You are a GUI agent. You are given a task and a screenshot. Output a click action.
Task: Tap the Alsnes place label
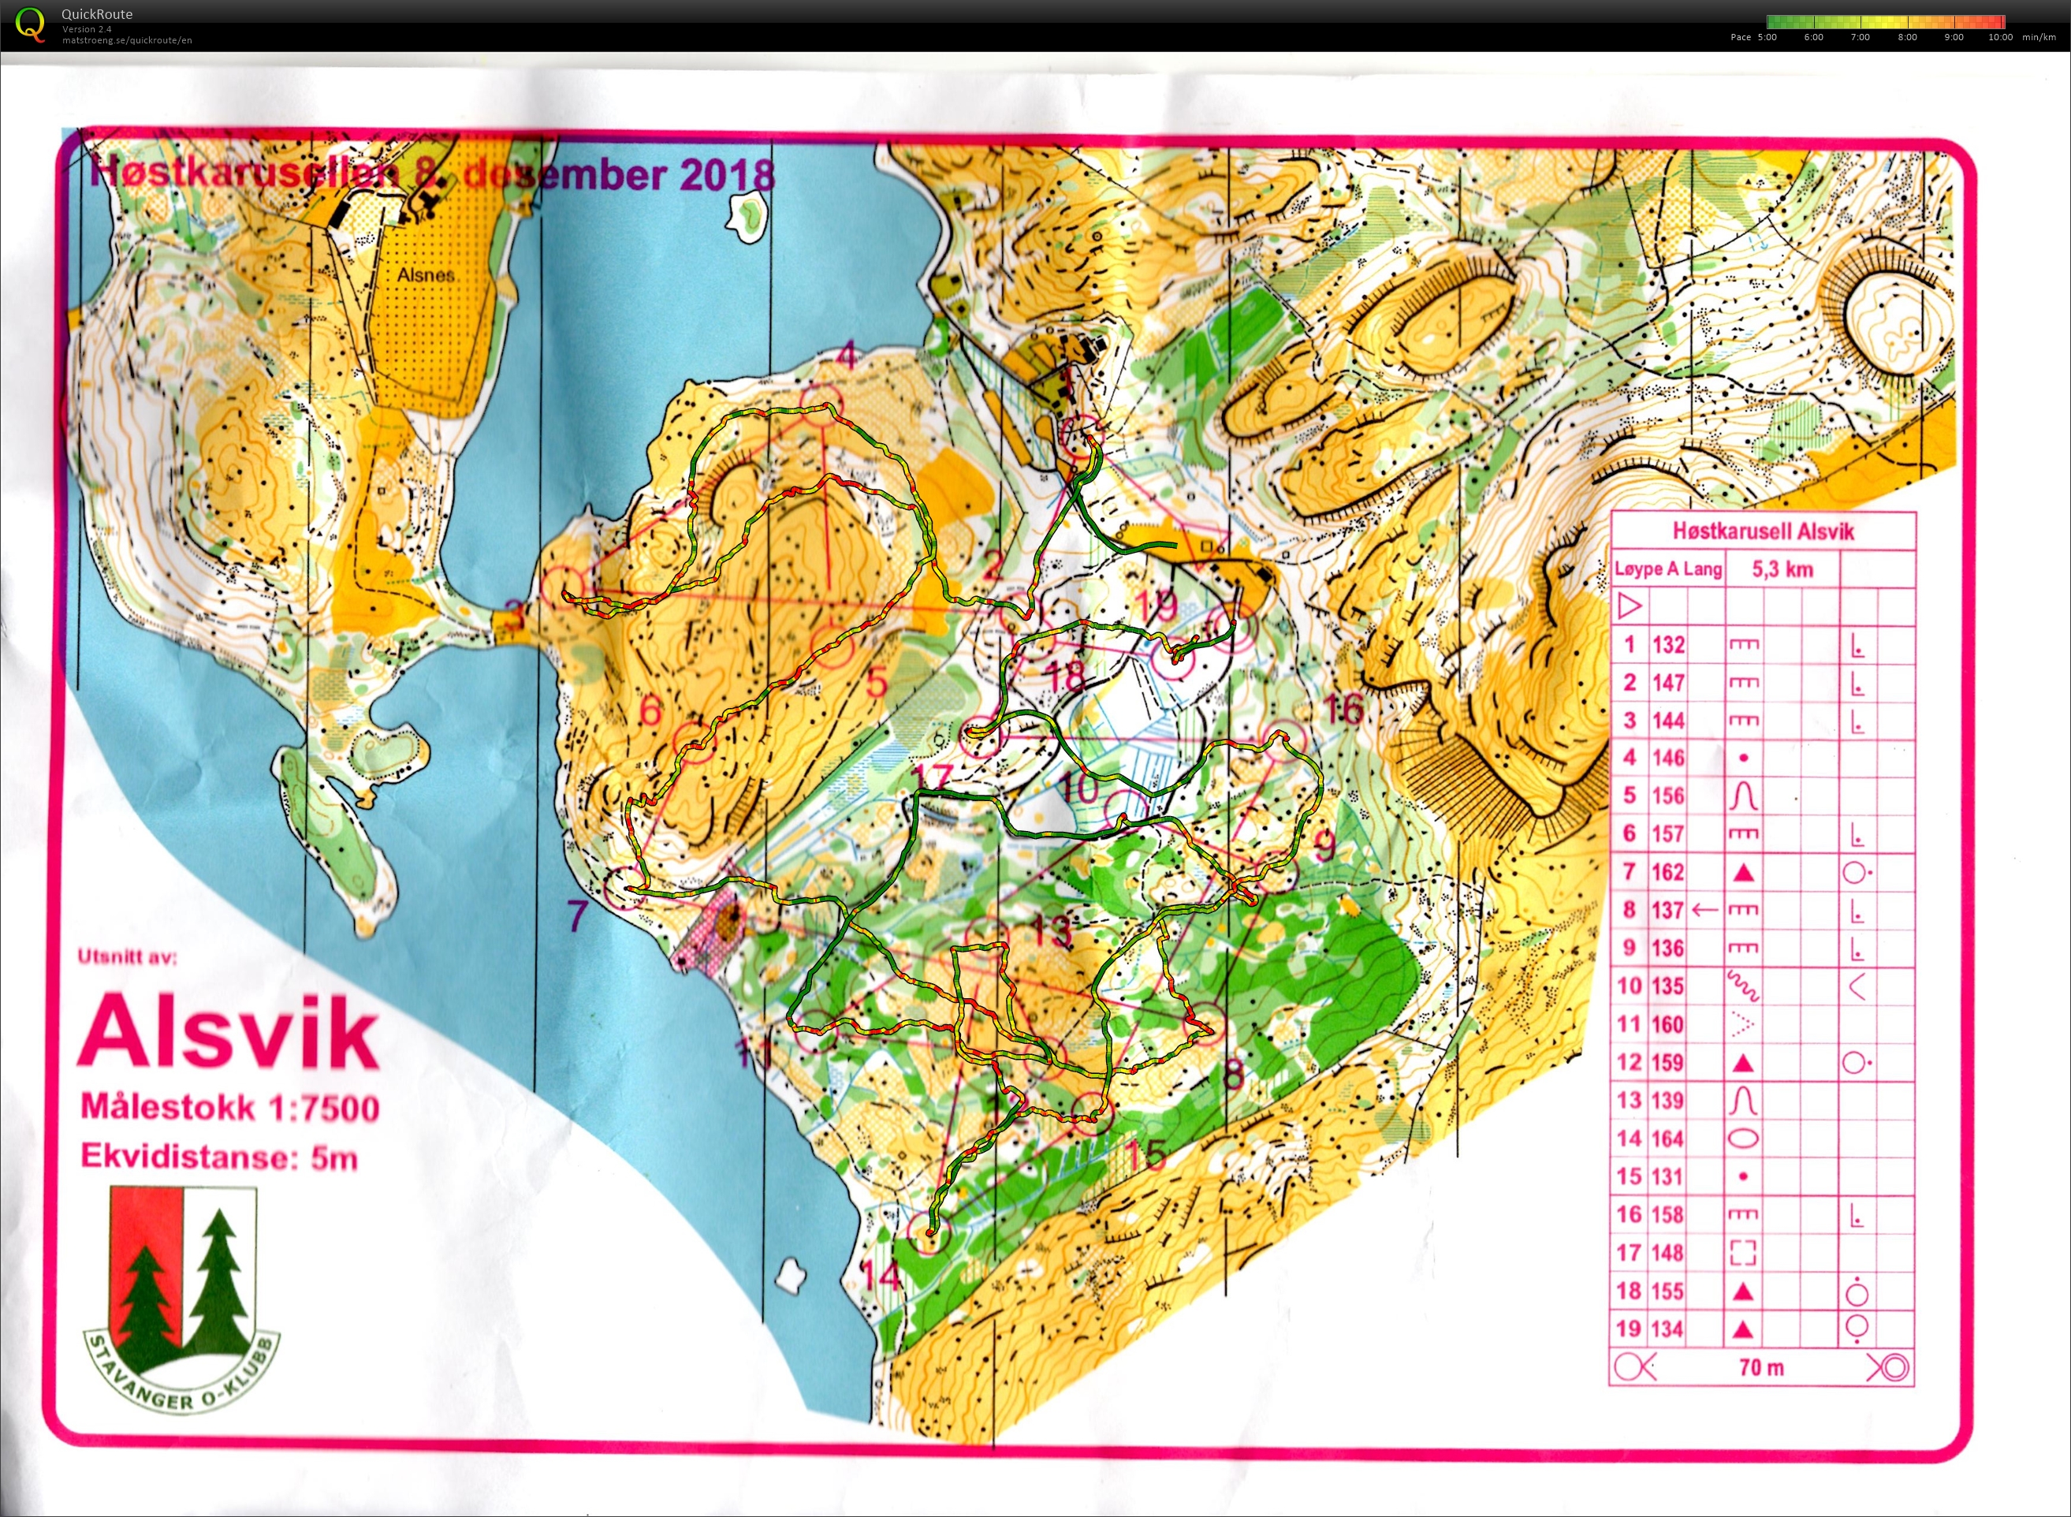click(x=426, y=274)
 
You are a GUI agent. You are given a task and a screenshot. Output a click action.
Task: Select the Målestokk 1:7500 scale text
click(x=229, y=1108)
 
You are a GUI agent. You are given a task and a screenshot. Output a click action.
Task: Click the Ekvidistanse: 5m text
click(x=218, y=1156)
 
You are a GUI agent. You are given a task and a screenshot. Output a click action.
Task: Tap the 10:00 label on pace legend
click(x=2000, y=38)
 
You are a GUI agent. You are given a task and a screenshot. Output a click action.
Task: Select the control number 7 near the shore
click(x=576, y=915)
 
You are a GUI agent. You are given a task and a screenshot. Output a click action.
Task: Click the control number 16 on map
click(x=1344, y=708)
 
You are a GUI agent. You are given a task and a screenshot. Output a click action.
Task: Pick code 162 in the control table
click(x=1668, y=872)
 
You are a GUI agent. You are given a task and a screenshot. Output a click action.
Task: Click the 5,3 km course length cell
click(x=1782, y=569)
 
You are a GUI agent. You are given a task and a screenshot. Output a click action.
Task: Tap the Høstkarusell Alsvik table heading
click(x=1763, y=531)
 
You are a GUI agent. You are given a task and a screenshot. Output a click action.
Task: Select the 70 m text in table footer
click(x=1760, y=1368)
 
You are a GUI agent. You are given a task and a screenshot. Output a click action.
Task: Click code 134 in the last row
click(x=1668, y=1329)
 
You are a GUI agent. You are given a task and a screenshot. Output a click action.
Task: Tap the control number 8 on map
click(x=1234, y=1072)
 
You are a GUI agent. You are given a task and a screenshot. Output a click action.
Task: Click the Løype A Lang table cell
click(x=1668, y=569)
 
